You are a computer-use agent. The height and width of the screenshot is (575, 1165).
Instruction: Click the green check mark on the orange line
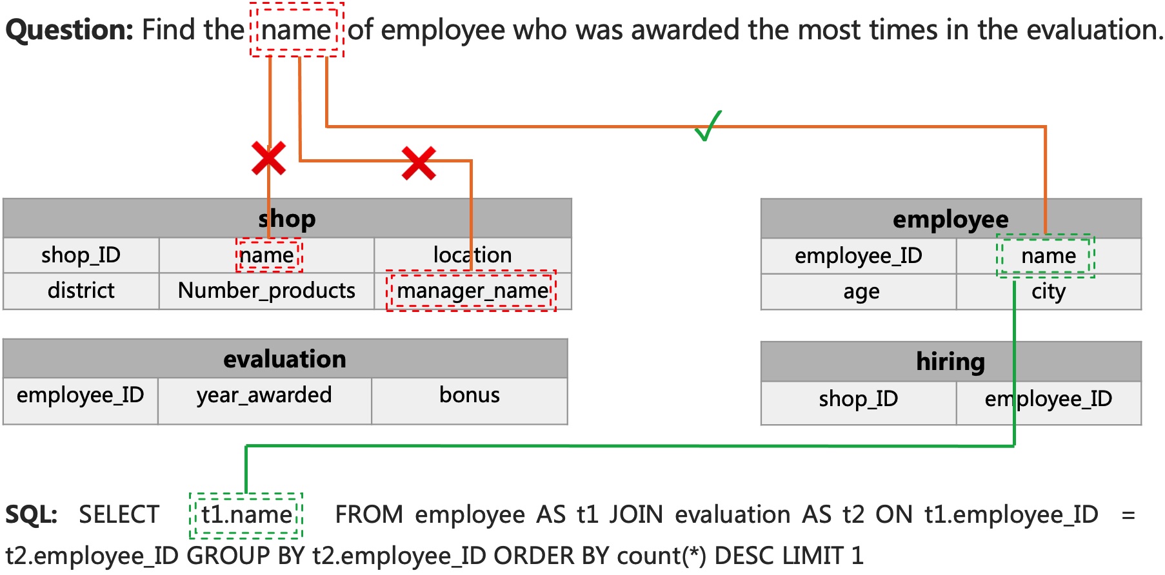[x=708, y=126]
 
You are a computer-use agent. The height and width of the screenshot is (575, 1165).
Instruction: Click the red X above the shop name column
[x=268, y=159]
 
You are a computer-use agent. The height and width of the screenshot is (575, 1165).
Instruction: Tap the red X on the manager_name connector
[x=419, y=162]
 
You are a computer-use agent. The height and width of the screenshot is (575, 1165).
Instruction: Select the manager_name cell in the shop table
[x=472, y=291]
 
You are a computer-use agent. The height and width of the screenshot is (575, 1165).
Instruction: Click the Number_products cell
[x=266, y=291]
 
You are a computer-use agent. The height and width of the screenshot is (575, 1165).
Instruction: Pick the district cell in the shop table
[x=81, y=291]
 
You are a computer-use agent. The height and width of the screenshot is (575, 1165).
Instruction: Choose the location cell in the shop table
[x=472, y=255]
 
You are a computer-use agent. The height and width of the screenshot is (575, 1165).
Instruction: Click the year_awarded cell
[x=264, y=395]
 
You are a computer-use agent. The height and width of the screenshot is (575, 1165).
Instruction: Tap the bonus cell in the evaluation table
[x=469, y=395]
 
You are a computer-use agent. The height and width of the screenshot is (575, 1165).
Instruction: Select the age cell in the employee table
[x=861, y=292]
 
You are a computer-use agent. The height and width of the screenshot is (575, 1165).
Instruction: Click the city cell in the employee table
[x=1048, y=292]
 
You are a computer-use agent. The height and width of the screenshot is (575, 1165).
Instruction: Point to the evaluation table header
[x=284, y=359]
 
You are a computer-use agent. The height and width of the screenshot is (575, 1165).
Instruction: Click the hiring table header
[x=950, y=362]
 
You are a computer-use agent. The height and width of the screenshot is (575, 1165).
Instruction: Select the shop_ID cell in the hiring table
[x=858, y=399]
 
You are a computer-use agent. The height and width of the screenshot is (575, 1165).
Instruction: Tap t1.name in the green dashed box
[x=246, y=515]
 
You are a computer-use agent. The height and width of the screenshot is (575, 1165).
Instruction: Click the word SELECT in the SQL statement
[x=119, y=515]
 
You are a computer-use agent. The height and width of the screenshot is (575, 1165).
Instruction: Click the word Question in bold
[x=69, y=30]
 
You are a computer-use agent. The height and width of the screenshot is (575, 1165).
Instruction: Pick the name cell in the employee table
[x=1048, y=256]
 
